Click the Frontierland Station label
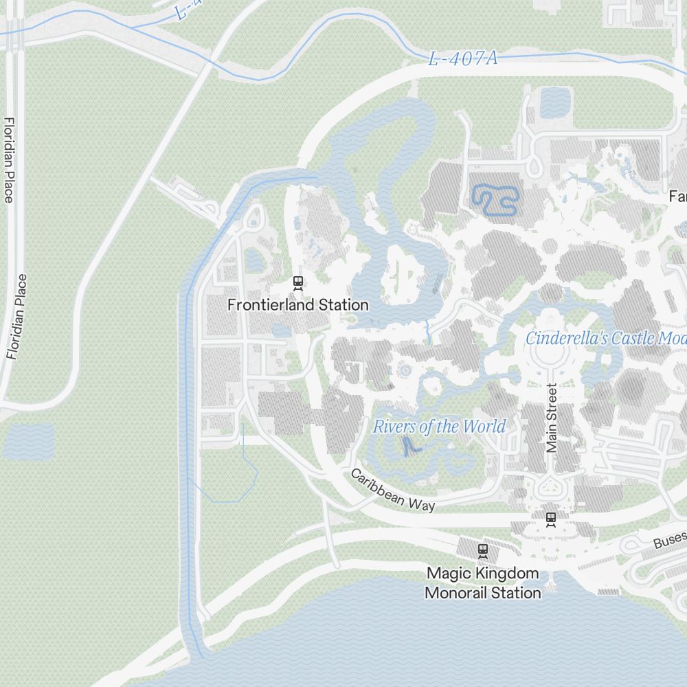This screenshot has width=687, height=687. pyautogui.click(x=298, y=304)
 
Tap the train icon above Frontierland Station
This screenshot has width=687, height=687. pyautogui.click(x=298, y=282)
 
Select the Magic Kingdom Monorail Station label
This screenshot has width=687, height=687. pyautogui.click(x=483, y=583)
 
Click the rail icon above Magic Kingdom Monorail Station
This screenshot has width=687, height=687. pyautogui.click(x=483, y=550)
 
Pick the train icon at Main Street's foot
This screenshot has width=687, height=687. pyautogui.click(x=550, y=519)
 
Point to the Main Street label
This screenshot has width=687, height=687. pyautogui.click(x=551, y=418)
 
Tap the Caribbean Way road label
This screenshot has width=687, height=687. pyautogui.click(x=392, y=490)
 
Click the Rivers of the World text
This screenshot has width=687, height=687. pyautogui.click(x=439, y=427)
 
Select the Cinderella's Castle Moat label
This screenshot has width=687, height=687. pyautogui.click(x=605, y=338)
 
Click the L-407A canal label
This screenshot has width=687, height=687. pyautogui.click(x=462, y=59)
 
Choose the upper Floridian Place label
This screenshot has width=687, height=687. pyautogui.click(x=9, y=160)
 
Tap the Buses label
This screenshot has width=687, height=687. pyautogui.click(x=669, y=540)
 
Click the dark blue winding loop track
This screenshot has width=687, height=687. pyautogui.click(x=495, y=199)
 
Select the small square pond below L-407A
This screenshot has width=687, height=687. pyautogui.click(x=555, y=102)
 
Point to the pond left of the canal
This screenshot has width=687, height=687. pyautogui.click(x=28, y=440)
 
